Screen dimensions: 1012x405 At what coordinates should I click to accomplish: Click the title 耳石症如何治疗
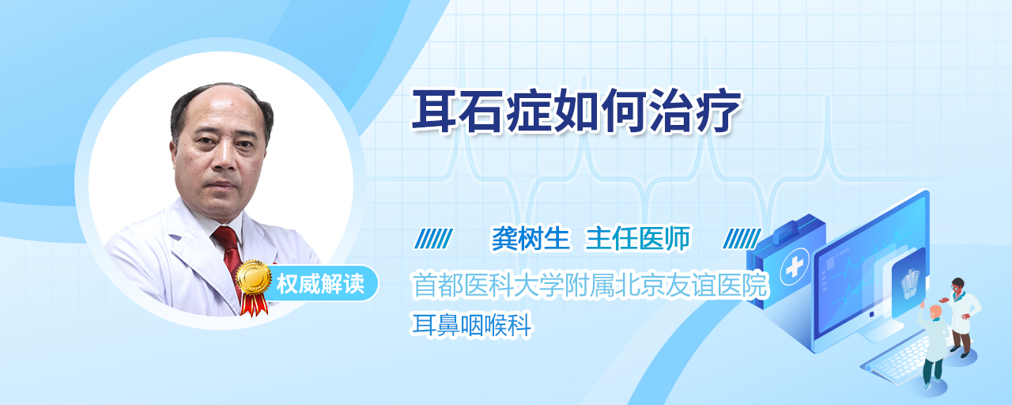[x=576, y=112]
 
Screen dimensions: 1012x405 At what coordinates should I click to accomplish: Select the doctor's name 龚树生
[x=531, y=238]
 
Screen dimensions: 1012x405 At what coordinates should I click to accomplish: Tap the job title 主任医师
[x=638, y=238]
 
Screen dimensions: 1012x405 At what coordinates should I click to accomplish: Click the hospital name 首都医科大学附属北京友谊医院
[x=590, y=285]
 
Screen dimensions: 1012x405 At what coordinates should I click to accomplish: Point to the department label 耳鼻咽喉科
[x=472, y=325]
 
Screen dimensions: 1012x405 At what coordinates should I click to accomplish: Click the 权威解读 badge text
[x=320, y=284]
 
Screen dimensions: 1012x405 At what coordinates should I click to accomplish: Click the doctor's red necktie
[x=230, y=257]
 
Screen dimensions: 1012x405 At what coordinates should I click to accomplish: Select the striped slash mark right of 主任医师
[x=742, y=239]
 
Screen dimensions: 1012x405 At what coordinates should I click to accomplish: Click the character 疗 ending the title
[x=719, y=112]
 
